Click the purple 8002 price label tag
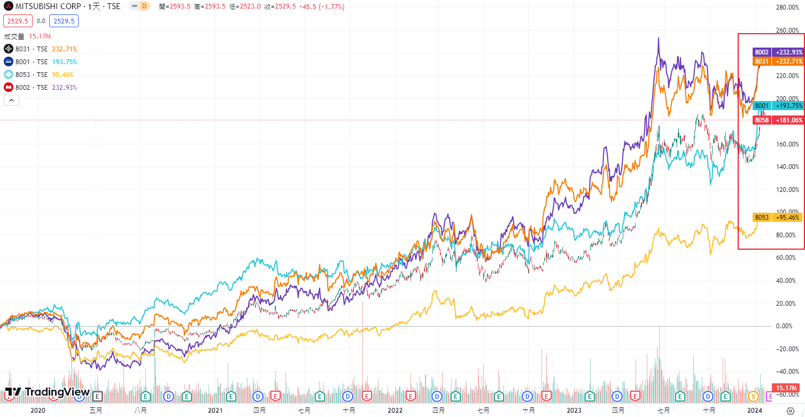click(x=778, y=52)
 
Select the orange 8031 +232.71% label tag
click(x=778, y=61)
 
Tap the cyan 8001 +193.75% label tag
click(x=778, y=106)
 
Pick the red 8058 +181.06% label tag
click(x=778, y=120)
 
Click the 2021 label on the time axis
click(x=215, y=410)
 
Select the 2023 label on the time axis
click(x=574, y=410)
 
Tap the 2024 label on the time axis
click(x=754, y=410)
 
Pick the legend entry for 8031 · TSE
click(x=32, y=49)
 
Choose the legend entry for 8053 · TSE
click(x=32, y=74)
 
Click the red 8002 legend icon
click(x=9, y=87)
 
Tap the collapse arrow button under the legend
click(x=11, y=100)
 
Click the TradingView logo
click(x=47, y=392)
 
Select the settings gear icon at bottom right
click(x=791, y=411)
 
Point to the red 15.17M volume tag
click(x=788, y=387)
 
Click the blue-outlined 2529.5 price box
click(x=64, y=21)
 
